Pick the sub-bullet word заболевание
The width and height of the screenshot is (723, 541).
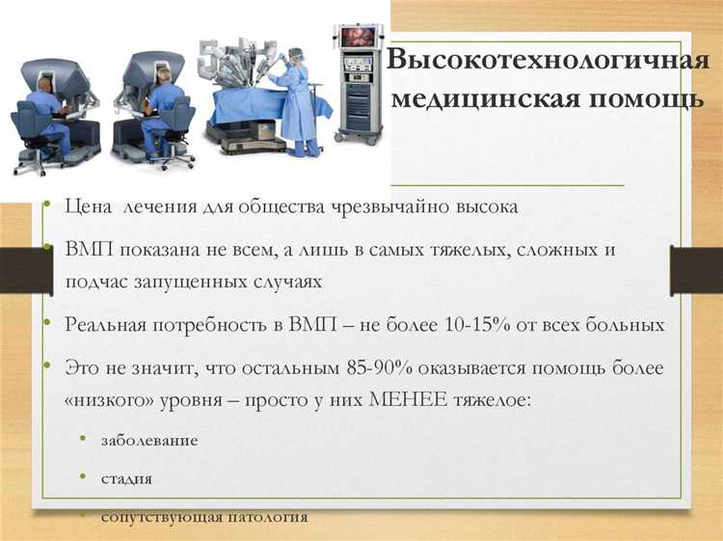149,440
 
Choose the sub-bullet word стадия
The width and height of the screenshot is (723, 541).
126,478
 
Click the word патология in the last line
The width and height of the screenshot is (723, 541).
267,517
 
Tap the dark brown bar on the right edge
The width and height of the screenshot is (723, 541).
696,271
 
